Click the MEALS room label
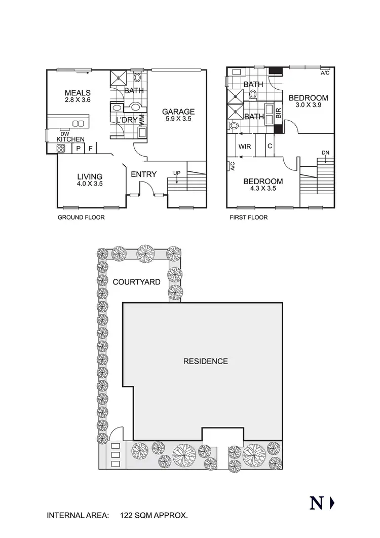point(78,93)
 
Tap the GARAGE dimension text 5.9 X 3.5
point(178,120)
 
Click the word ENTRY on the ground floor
point(143,174)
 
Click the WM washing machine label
point(141,120)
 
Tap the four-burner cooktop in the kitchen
point(61,149)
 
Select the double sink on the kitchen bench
point(78,123)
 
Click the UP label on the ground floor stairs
point(176,173)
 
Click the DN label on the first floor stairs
point(325,153)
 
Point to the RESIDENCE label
point(205,362)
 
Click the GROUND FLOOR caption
point(81,218)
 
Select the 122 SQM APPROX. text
point(154,516)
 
